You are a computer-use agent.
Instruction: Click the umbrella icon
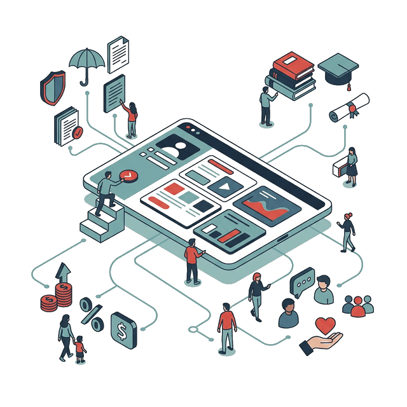pos(87,62)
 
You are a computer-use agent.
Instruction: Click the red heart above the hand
pos(326,326)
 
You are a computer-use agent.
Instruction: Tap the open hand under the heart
pos(321,343)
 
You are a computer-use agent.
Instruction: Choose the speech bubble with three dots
pos(302,281)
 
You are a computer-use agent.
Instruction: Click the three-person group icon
pos(358,305)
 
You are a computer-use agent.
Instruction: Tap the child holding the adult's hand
pos(79,349)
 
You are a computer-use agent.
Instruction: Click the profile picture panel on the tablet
pos(179,147)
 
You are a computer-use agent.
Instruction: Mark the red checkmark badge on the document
pos(78,132)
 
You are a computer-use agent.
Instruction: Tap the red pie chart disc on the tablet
pos(127,176)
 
